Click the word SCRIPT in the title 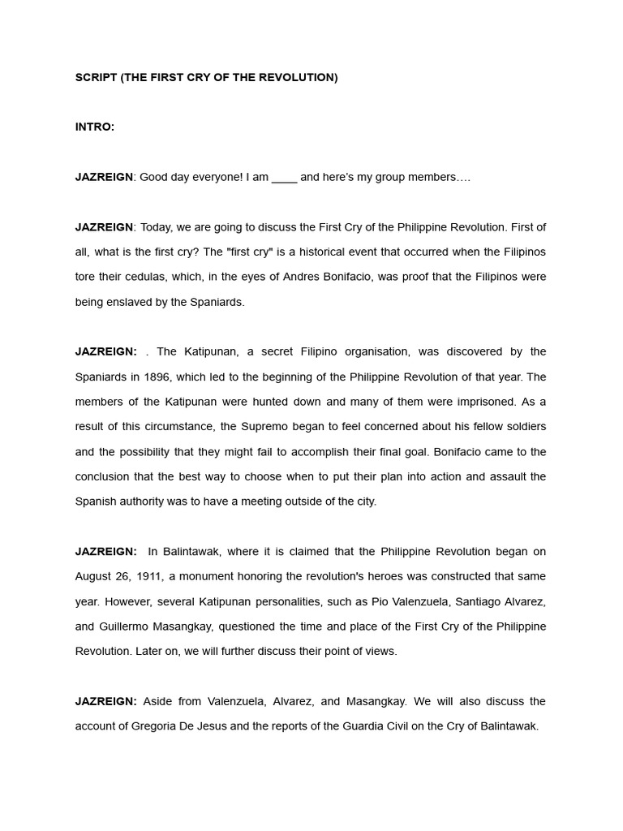pos(96,77)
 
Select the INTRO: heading pos(95,127)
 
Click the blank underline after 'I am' pos(284,177)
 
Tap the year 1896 pos(157,377)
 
